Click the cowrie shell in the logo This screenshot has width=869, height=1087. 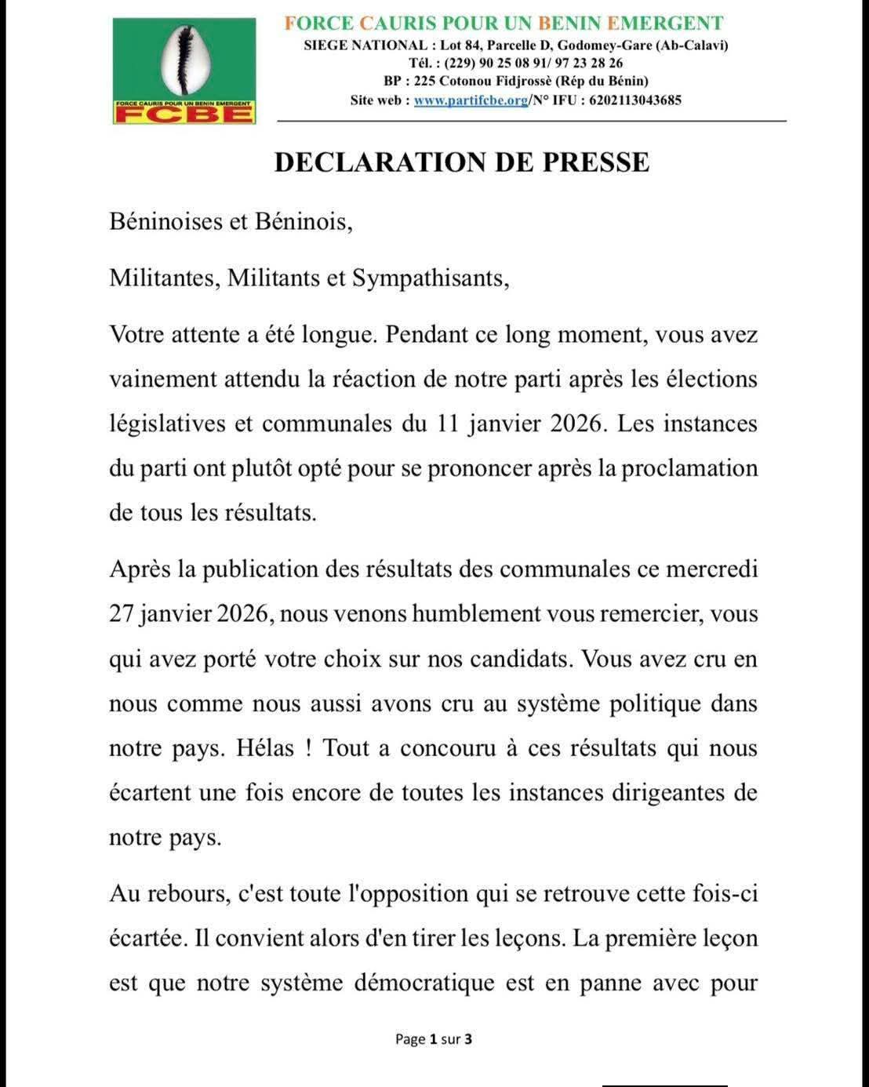[184, 60]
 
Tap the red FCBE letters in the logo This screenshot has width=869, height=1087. [184, 115]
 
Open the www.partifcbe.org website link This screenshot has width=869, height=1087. [471, 100]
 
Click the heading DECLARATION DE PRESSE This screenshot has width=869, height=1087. [462, 162]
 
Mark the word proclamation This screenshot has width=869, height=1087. [689, 469]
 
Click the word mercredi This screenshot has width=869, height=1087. [711, 569]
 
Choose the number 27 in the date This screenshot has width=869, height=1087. [122, 613]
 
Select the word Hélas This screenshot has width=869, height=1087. [265, 748]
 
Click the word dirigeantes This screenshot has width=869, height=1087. [661, 793]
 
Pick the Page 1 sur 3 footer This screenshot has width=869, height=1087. [434, 1040]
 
